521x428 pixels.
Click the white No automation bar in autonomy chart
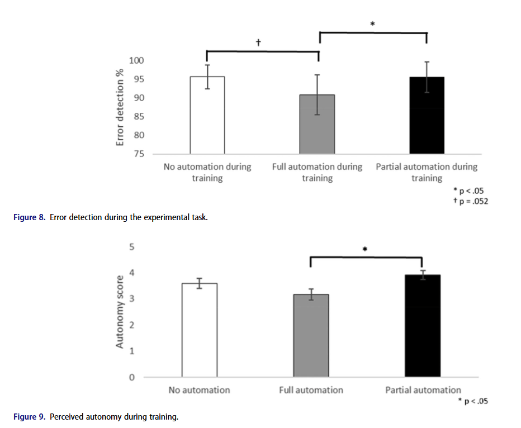tap(200, 330)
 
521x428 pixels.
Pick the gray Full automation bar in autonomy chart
tap(311, 335)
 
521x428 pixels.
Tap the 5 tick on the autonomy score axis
tap(132, 247)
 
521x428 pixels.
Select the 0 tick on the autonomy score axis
tap(132, 378)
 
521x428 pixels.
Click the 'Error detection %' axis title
tap(120, 107)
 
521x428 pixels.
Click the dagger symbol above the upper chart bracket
tap(259, 42)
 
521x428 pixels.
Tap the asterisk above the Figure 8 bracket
tap(372, 24)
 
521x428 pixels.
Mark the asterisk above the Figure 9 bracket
tap(364, 250)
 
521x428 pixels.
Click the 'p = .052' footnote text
tap(472, 201)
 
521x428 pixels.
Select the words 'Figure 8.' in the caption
tap(30, 217)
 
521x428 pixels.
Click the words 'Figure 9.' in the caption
tap(30, 417)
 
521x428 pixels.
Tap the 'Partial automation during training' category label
tap(427, 172)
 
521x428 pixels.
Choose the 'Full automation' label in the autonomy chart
tap(311, 390)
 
